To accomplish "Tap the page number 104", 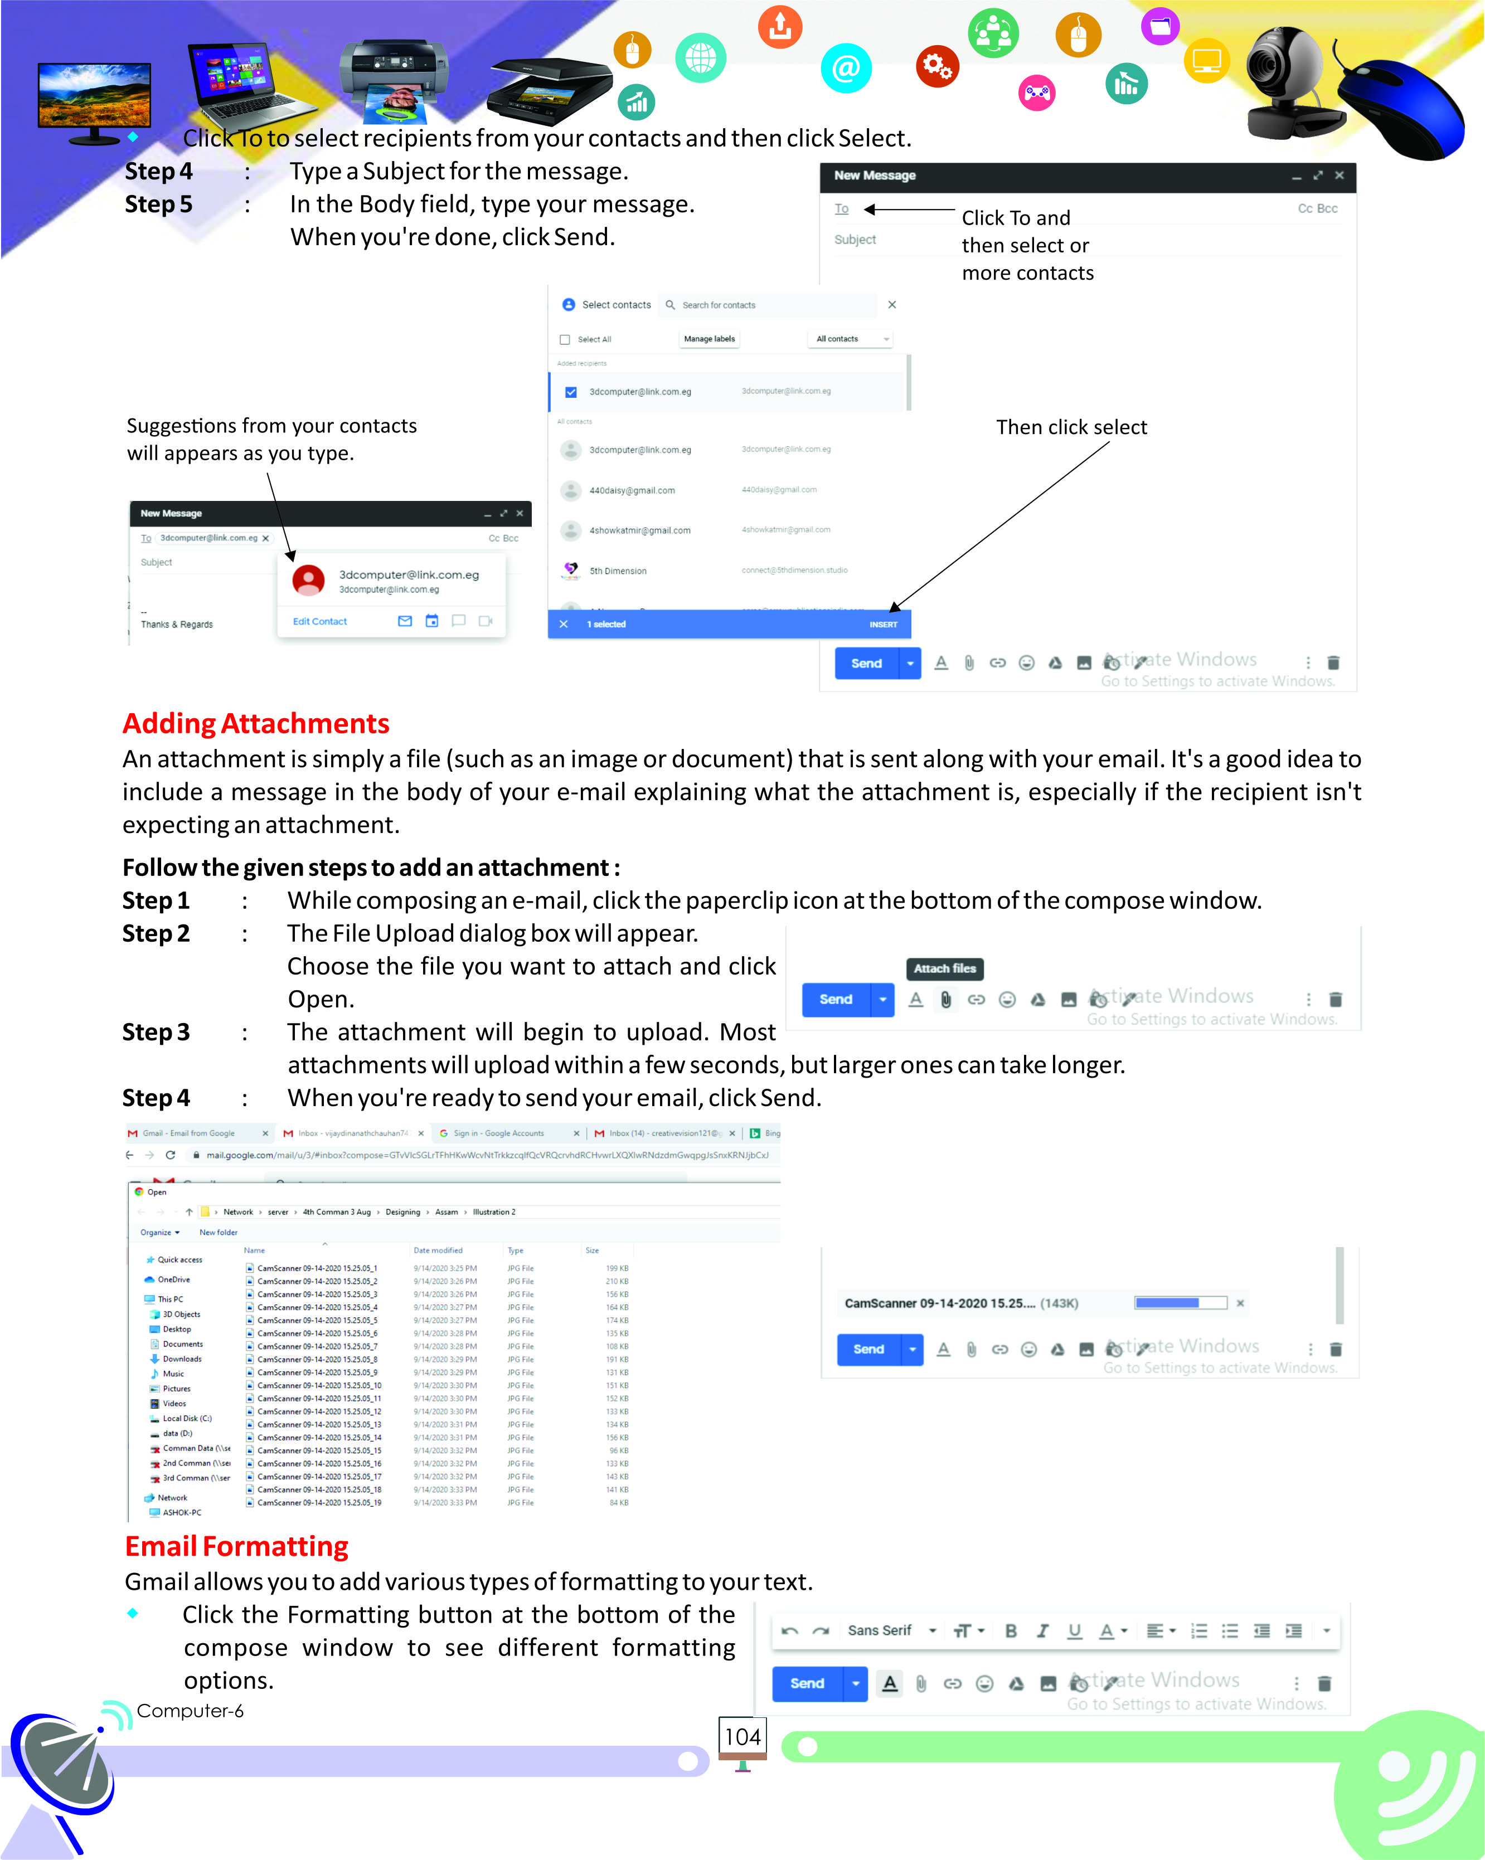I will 742,1737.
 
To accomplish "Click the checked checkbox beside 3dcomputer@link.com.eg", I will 570,392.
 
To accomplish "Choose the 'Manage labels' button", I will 709,339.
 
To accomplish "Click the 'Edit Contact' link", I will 319,621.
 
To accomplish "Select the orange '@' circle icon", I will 846,67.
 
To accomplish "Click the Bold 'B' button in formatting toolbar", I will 1011,1630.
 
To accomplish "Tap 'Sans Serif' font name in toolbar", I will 879,1630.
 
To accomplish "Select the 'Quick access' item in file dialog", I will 179,1259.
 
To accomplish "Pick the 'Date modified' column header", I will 438,1250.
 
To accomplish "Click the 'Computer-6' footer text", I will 190,1711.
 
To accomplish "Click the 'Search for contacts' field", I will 768,305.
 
